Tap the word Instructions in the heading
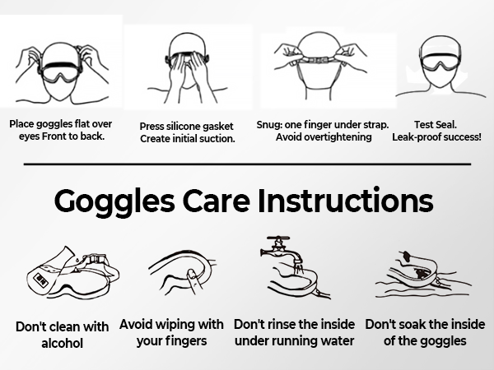coord(345,200)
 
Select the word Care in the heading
coord(217,201)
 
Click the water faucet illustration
coord(282,252)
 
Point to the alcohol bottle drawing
coord(47,272)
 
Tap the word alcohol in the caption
coord(62,343)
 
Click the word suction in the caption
coord(217,139)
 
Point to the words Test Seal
coord(436,125)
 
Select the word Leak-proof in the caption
coord(416,137)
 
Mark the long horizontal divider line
coord(247,164)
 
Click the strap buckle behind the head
coord(318,60)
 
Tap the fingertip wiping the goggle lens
coord(191,273)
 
